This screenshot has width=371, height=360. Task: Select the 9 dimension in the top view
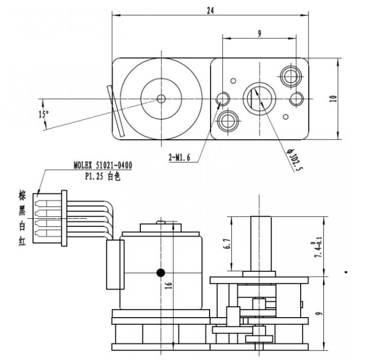click(x=259, y=33)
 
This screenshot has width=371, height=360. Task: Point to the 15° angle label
click(x=43, y=114)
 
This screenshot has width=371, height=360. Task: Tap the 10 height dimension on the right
click(x=332, y=98)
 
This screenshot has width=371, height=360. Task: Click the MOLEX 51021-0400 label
click(x=103, y=165)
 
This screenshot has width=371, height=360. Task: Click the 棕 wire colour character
click(x=23, y=196)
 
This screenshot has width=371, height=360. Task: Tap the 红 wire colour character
click(x=23, y=246)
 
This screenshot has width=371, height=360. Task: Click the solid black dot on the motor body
click(x=161, y=273)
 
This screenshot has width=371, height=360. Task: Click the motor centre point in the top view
click(x=161, y=98)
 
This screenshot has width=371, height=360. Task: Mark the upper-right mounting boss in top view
click(x=290, y=75)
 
